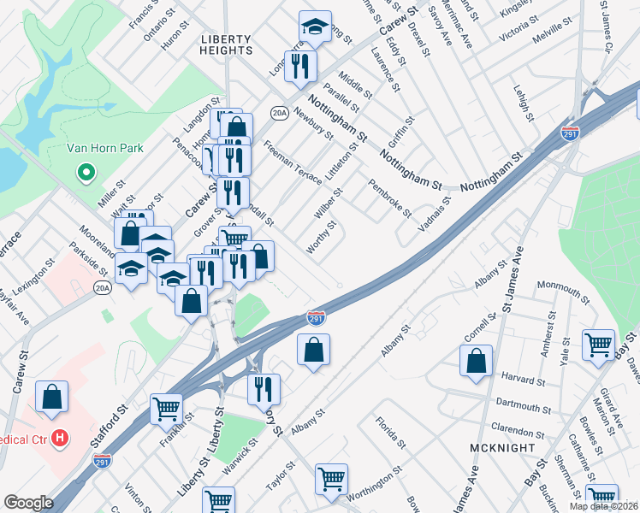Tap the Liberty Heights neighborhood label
point(227,44)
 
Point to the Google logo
point(28,503)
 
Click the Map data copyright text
point(604,506)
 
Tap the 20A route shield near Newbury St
point(279,112)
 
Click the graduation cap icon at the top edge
point(315,27)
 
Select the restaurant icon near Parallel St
point(300,67)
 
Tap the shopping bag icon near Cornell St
point(476,361)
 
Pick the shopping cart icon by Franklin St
point(166,408)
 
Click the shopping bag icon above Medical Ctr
point(52,396)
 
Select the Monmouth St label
point(563,292)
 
